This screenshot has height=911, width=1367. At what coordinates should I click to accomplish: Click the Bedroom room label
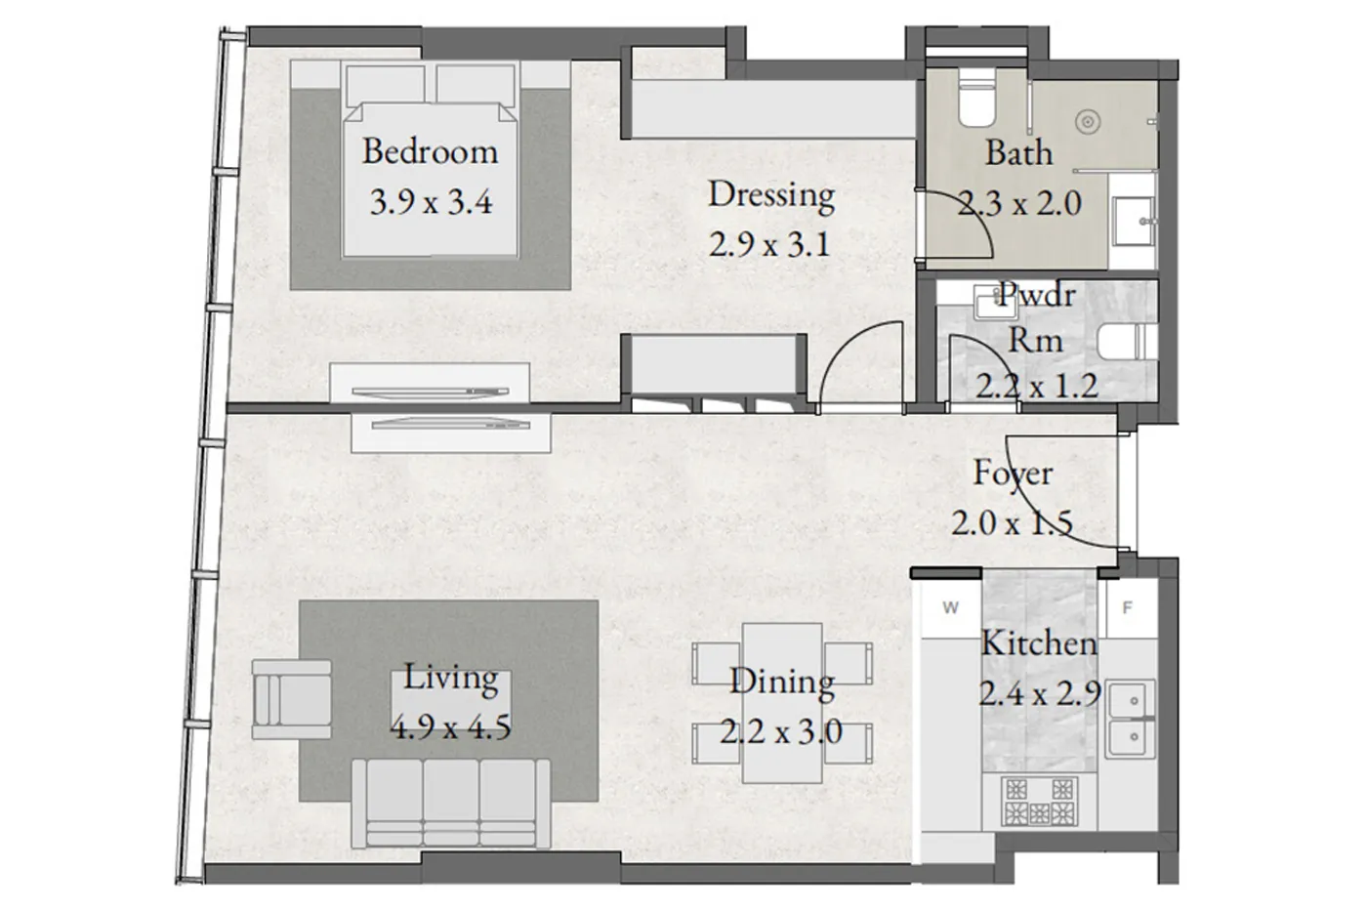430,151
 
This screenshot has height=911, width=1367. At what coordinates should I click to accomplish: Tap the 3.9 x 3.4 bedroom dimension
430,202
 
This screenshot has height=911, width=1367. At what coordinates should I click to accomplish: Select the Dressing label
770,194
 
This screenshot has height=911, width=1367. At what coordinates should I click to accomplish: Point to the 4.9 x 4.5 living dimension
450,727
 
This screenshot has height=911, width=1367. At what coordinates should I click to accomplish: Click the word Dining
781,682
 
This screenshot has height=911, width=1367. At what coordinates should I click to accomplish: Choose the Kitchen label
1038,643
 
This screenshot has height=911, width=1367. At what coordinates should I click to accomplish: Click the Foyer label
1013,473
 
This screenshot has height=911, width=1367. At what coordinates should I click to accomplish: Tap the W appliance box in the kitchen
950,608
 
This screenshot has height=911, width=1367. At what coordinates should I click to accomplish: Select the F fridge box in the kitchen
1128,608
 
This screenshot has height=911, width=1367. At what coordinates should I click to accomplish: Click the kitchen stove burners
1039,801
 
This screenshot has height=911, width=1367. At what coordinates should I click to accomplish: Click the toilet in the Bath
975,102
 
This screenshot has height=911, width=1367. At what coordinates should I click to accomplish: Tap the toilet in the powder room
1126,343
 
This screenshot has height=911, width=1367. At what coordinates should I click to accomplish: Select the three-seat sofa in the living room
452,803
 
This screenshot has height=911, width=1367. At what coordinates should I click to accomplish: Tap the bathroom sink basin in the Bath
1133,221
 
